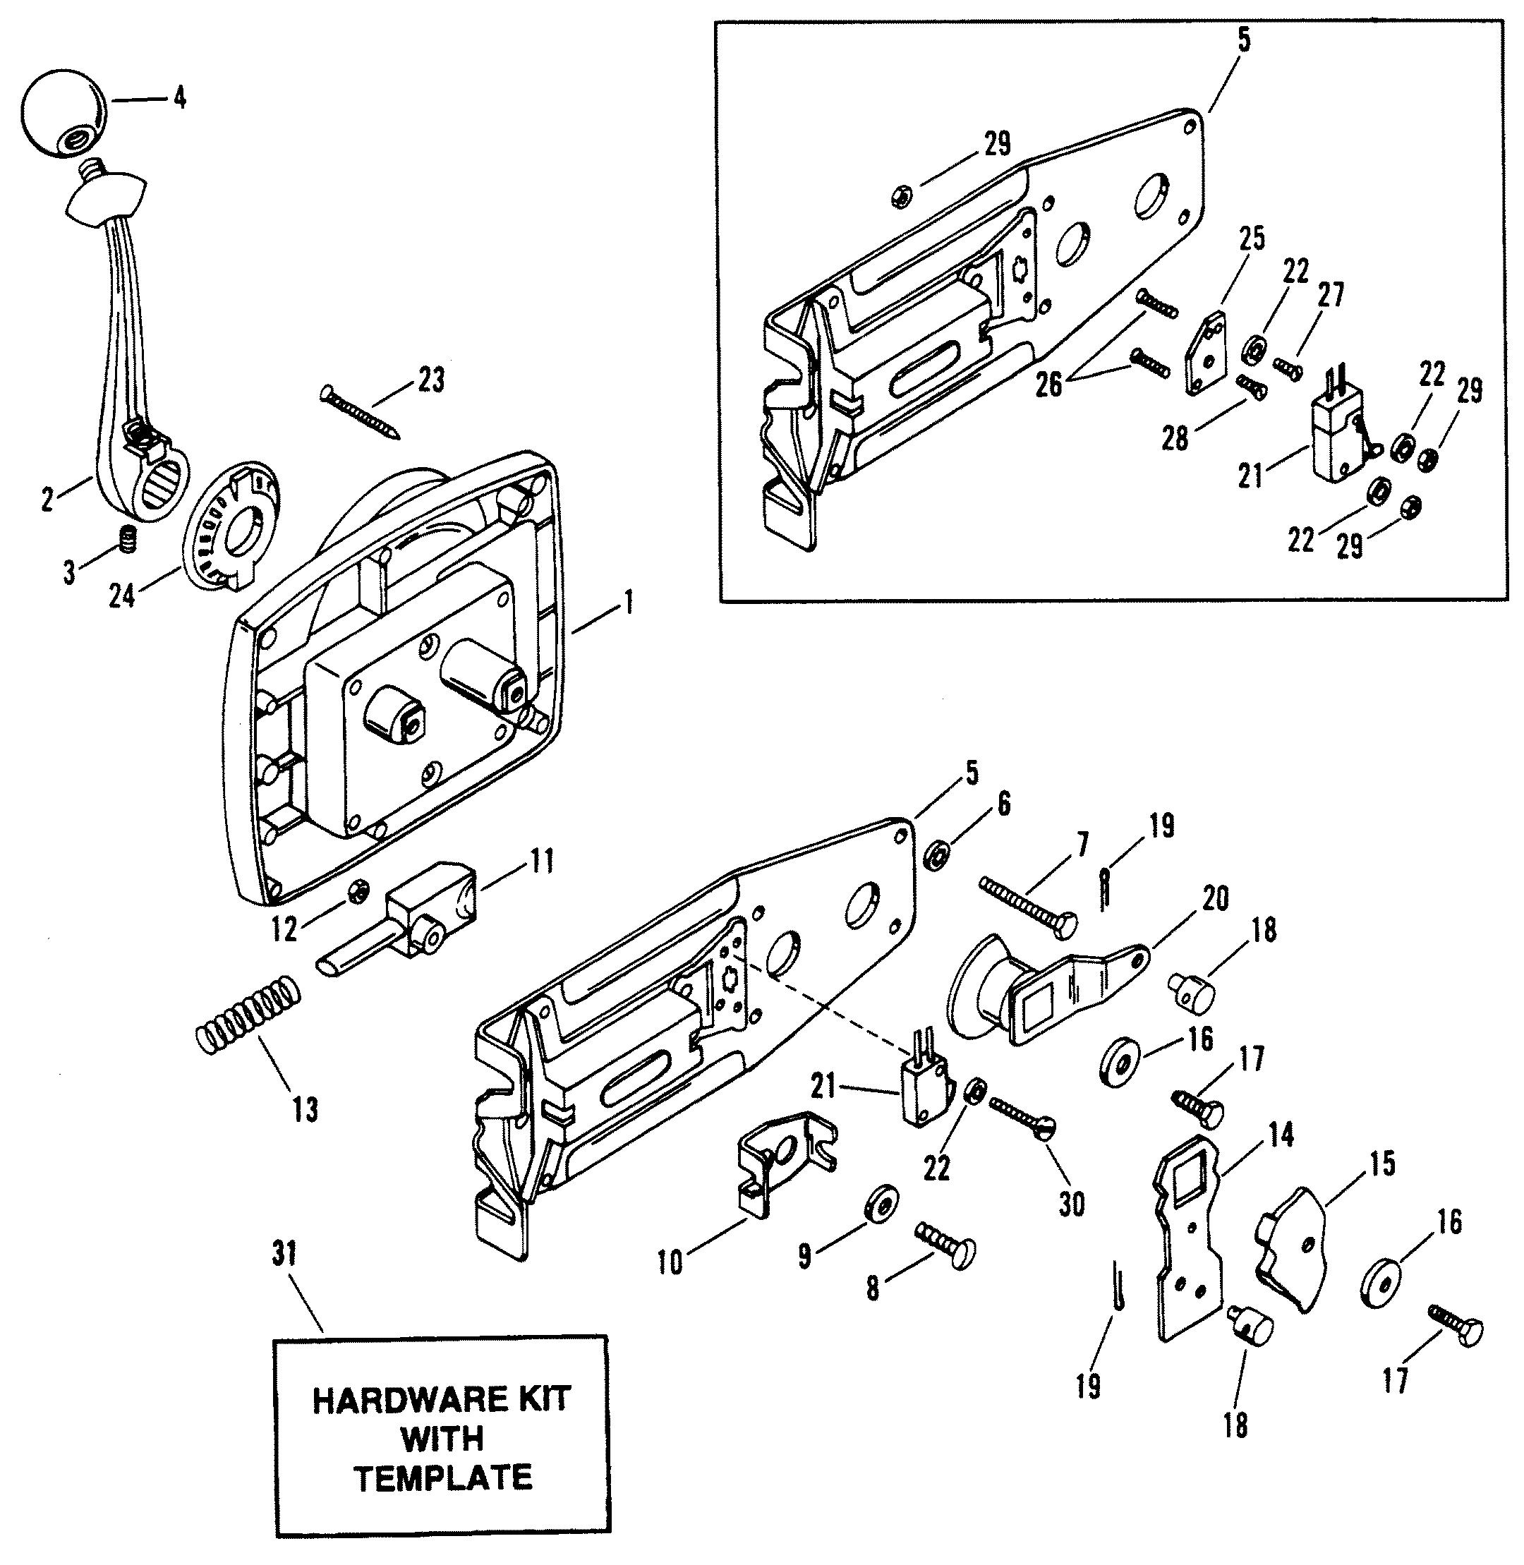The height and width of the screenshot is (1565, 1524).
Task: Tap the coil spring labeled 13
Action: pyautogui.click(x=249, y=1013)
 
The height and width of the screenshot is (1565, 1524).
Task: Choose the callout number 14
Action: pyautogui.click(x=1281, y=1136)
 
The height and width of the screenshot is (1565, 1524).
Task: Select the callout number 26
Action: pyautogui.click(x=1048, y=385)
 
